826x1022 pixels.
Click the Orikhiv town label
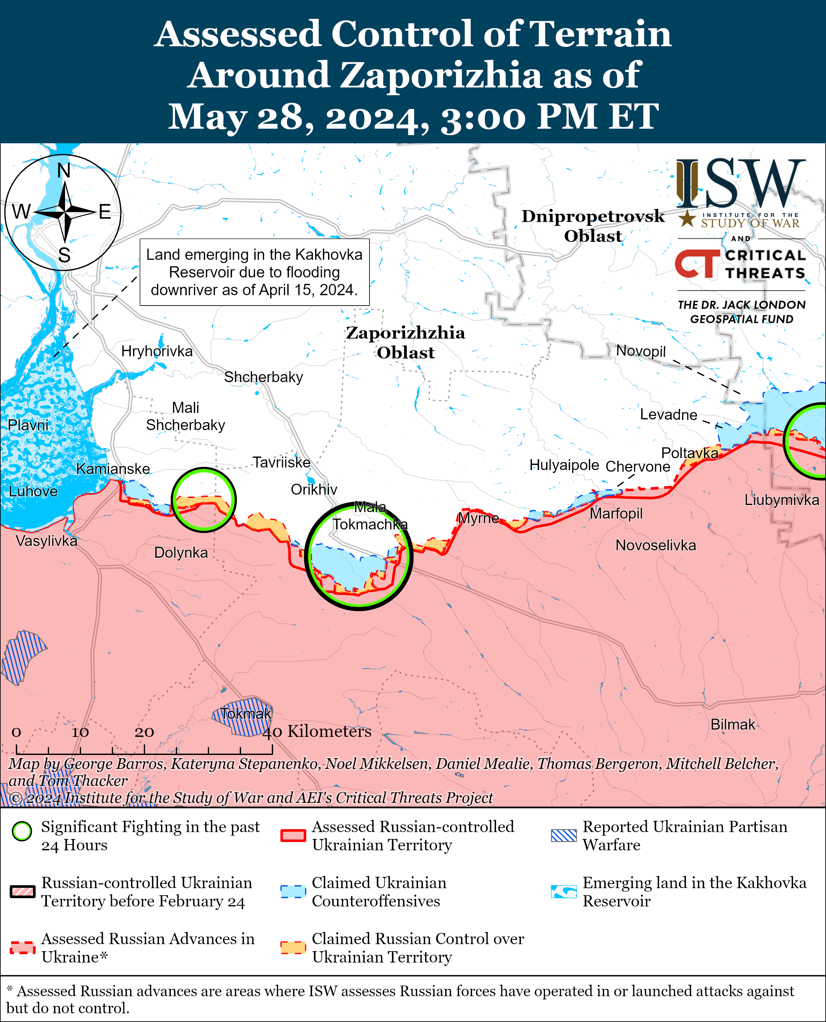[x=314, y=489]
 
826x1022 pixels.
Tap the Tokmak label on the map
[x=246, y=714]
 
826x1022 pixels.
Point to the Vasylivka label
[x=46, y=541]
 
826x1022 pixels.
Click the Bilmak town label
[x=732, y=725]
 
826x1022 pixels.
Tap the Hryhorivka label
[x=157, y=351]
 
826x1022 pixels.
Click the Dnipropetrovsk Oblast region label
[x=593, y=226]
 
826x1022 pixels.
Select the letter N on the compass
[x=64, y=170]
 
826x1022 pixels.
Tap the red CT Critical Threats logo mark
[x=697, y=264]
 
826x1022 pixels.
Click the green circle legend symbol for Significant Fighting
[x=22, y=831]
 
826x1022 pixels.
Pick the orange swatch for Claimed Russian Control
[x=292, y=947]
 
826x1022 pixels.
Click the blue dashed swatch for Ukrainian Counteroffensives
[x=292, y=891]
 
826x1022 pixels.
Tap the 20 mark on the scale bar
[x=144, y=732]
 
